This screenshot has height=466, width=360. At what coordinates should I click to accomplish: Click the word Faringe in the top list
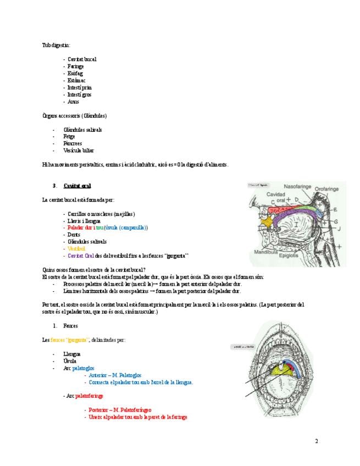75,66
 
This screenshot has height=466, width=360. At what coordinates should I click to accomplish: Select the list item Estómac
76,80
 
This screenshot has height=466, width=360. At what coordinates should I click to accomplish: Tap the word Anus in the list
73,102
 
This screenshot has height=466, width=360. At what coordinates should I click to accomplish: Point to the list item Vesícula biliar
79,151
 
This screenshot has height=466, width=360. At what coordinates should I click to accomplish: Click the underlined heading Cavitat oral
77,186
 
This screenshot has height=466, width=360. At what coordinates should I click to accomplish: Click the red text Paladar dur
78,228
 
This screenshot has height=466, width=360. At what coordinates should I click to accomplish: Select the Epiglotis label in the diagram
289,256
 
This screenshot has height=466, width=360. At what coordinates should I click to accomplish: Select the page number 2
317,441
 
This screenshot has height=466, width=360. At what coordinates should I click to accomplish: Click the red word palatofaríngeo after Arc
89,396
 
